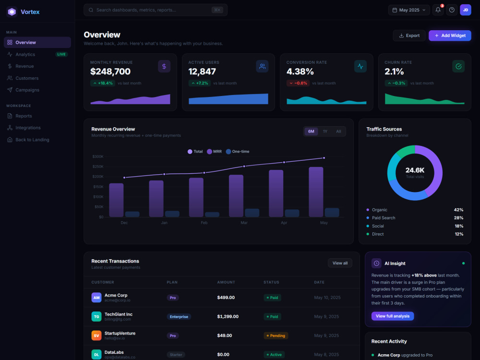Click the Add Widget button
[450, 36]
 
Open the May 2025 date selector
[408, 10]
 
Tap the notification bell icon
[438, 10]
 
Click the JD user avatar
[465, 10]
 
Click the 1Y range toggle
[325, 132]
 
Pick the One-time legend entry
[238, 152]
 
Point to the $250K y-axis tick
[98, 167]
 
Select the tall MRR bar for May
[316, 192]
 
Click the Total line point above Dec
[124, 178]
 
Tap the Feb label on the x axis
[204, 223]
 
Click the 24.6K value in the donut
[415, 170]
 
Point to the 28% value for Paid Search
[458, 218]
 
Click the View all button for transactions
[340, 263]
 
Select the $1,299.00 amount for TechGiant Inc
[228, 316]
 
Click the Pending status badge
[276, 336]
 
